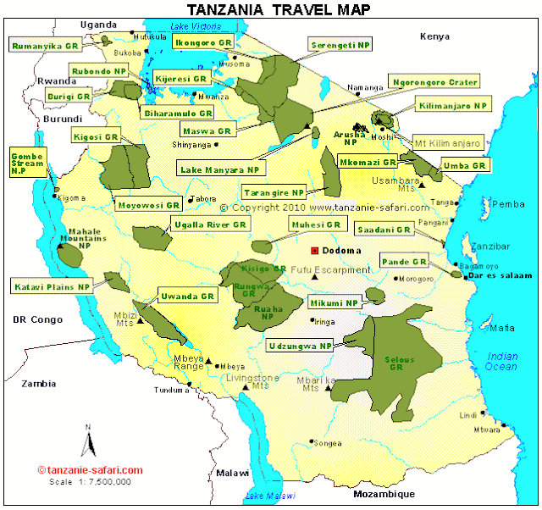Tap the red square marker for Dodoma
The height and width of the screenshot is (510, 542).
point(315,251)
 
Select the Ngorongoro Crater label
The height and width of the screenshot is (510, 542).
point(434,82)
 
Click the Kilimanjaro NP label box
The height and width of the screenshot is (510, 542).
point(453,106)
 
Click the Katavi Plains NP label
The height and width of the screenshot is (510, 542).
point(52,287)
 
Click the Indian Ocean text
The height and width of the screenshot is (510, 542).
point(502,361)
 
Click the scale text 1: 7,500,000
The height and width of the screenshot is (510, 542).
point(89,481)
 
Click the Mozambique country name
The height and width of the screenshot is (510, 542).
point(384,494)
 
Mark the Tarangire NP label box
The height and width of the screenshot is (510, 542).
point(273,192)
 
